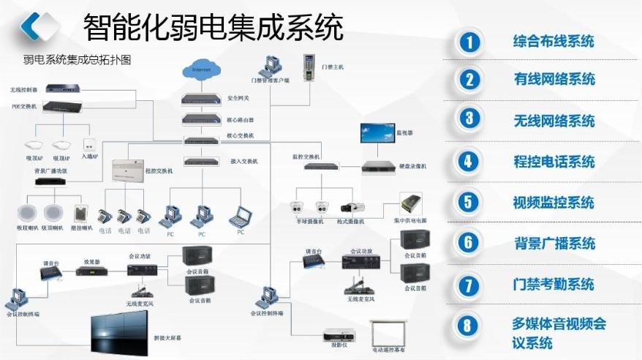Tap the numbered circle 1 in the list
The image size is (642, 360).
click(469, 42)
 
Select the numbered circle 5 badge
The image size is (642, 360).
click(469, 203)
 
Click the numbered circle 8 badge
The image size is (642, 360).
click(469, 325)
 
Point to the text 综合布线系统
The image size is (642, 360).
click(554, 42)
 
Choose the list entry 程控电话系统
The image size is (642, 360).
click(554, 162)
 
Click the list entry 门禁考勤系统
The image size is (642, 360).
click(554, 284)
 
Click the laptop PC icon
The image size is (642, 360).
click(240, 216)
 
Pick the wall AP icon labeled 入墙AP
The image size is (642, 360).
click(90, 144)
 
